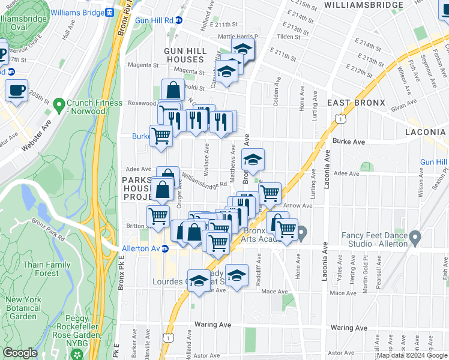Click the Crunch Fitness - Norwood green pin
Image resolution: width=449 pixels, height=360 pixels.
pyautogui.click(x=59, y=106)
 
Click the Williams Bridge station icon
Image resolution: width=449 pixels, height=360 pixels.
pyautogui.click(x=109, y=12)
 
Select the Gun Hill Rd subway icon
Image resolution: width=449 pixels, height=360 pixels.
pyautogui.click(x=178, y=20)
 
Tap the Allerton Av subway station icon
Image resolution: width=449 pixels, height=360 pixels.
pyautogui.click(x=165, y=248)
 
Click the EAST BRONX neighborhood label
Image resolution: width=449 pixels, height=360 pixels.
pyautogui.click(x=356, y=103)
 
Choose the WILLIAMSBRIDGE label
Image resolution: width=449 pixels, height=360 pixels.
pyautogui.click(x=363, y=5)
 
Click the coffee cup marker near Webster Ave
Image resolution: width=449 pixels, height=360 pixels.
pyautogui.click(x=16, y=90)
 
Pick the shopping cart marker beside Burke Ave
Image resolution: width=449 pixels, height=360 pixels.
pyautogui.click(x=161, y=134)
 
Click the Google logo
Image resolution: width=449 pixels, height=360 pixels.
pyautogui.click(x=20, y=353)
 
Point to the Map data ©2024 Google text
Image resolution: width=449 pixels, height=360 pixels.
pyautogui.click(x=412, y=355)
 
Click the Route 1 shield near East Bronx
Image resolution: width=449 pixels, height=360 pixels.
pyautogui.click(x=341, y=121)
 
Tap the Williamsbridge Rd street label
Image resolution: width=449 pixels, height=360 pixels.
pyautogui.click(x=203, y=181)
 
